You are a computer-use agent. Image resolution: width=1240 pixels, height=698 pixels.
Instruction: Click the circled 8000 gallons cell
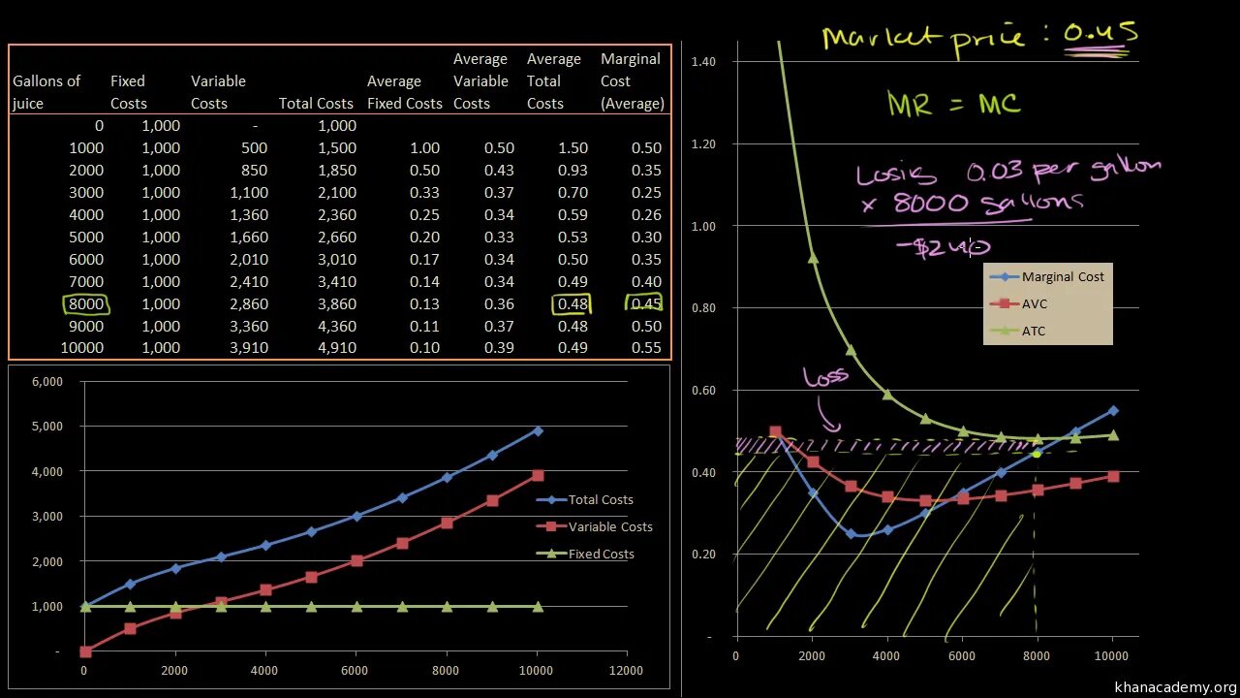coord(86,304)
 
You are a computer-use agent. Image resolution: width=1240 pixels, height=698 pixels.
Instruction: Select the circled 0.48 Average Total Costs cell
coord(570,304)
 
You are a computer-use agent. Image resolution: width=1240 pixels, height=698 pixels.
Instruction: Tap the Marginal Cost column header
coord(632,81)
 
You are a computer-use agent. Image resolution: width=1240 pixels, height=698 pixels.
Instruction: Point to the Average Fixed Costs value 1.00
coord(423,148)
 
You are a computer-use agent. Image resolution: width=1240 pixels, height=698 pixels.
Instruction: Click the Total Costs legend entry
coord(600,500)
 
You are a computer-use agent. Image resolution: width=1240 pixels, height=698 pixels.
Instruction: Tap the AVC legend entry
coord(1034,304)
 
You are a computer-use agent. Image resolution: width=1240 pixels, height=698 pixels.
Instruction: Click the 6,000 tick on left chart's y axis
coord(47,382)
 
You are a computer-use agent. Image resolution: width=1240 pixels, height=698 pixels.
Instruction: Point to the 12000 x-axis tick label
coord(627,670)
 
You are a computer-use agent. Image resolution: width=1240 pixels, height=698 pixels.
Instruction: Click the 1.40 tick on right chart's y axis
coord(703,62)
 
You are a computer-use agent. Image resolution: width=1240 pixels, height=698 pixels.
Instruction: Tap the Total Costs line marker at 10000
coord(538,430)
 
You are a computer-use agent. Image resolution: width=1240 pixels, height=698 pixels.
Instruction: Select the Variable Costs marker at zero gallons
coord(85,651)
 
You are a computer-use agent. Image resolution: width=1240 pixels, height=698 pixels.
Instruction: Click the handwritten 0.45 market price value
coord(1100,35)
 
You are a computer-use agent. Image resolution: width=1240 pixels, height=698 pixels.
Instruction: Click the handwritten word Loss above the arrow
coord(824,376)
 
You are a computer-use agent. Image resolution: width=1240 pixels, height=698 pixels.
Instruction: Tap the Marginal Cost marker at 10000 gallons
coord(1112,411)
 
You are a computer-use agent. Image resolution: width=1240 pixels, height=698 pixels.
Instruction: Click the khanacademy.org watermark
coord(1175,687)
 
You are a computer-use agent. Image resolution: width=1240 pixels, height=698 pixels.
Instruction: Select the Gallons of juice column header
coord(46,92)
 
